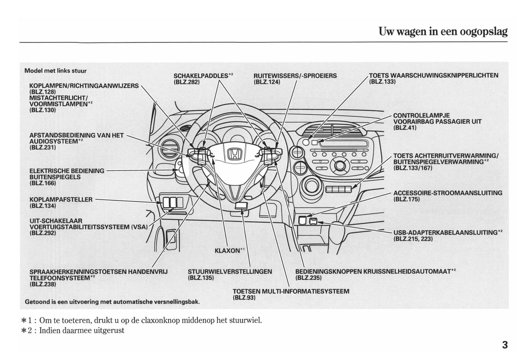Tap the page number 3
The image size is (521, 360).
(504, 345)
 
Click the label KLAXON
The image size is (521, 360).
(228, 250)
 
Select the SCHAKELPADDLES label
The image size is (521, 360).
(201, 76)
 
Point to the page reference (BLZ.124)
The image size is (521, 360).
(267, 82)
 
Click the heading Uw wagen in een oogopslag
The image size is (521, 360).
(443, 32)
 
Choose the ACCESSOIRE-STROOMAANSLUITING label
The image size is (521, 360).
(447, 193)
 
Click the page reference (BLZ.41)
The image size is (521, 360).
(405, 128)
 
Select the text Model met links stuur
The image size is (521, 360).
(55, 71)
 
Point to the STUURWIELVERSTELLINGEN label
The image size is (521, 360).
(230, 272)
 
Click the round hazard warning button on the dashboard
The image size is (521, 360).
(306, 142)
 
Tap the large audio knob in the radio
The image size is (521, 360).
(340, 166)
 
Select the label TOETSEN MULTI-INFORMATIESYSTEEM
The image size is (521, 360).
(291, 291)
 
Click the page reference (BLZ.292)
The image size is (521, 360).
(43, 233)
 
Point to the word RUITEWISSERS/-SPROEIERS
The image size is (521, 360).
(295, 76)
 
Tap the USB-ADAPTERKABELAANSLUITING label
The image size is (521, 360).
(445, 233)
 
